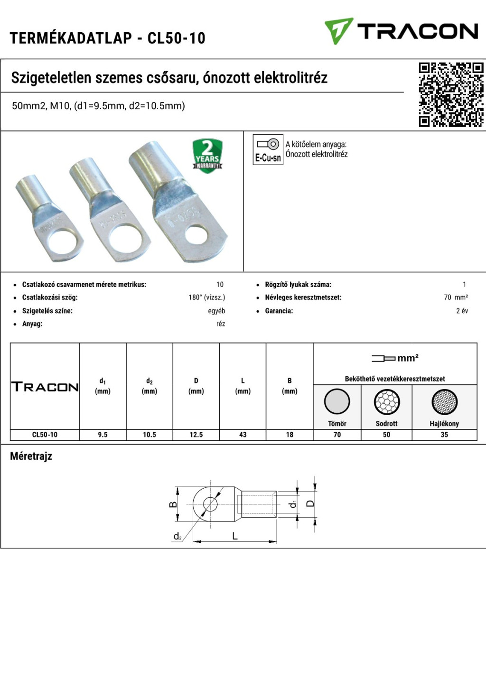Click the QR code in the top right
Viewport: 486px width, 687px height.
(x=450, y=94)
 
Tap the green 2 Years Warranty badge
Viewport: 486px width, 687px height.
(x=207, y=155)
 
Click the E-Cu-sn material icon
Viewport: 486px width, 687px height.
(x=268, y=149)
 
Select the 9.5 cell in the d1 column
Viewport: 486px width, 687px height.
(x=103, y=435)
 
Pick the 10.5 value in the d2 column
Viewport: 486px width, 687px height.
(x=150, y=435)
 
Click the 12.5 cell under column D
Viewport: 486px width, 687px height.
(x=196, y=435)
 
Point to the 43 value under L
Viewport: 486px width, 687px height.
(x=243, y=435)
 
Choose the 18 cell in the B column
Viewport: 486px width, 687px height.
(x=290, y=435)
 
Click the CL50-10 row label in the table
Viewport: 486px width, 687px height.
(x=45, y=435)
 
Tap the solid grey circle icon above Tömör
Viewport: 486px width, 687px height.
(x=337, y=402)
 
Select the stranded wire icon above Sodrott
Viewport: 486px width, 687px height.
(x=386, y=402)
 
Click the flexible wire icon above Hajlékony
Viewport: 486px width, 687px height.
(x=444, y=402)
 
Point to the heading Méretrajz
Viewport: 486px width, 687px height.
(x=31, y=456)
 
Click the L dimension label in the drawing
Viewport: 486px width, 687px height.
(x=234, y=536)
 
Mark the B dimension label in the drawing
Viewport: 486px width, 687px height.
(x=173, y=504)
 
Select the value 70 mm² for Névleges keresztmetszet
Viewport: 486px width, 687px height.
(x=456, y=297)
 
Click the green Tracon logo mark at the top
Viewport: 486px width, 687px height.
(x=338, y=31)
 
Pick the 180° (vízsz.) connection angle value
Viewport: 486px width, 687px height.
(x=206, y=297)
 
